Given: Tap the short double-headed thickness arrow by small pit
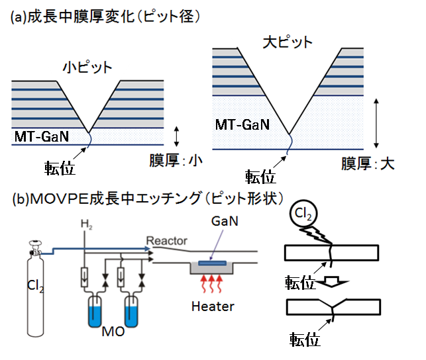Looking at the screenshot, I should pyautogui.click(x=176, y=136).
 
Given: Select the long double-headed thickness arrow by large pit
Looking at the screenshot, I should pyautogui.click(x=376, y=123).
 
